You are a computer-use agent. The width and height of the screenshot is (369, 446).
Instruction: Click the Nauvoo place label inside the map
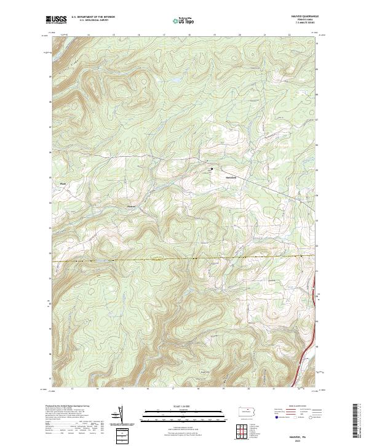231,178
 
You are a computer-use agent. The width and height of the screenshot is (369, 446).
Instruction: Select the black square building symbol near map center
212,169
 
